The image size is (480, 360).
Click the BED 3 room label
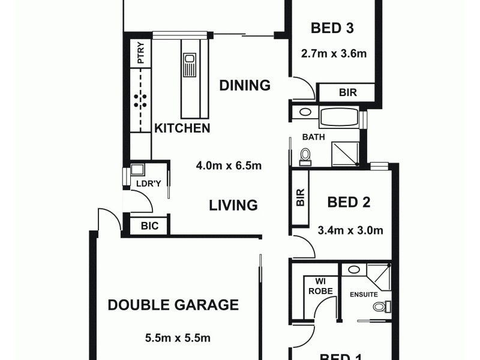click(x=332, y=28)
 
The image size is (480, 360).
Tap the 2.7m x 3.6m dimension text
click(x=334, y=53)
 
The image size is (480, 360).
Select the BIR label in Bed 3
click(x=346, y=93)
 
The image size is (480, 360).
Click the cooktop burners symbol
click(x=140, y=100)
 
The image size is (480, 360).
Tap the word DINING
click(x=244, y=85)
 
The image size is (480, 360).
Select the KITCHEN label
click(x=182, y=128)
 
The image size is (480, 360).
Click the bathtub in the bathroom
click(x=339, y=117)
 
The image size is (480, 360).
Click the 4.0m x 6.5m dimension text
click(x=229, y=166)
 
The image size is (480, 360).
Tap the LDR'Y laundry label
click(x=146, y=184)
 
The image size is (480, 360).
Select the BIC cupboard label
click(x=149, y=226)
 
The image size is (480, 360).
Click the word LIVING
click(x=233, y=205)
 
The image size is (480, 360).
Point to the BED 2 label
click(x=349, y=202)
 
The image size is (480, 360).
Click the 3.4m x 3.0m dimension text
click(x=350, y=230)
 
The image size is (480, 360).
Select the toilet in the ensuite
click(x=380, y=307)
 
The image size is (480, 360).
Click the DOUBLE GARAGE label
click(x=173, y=305)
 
